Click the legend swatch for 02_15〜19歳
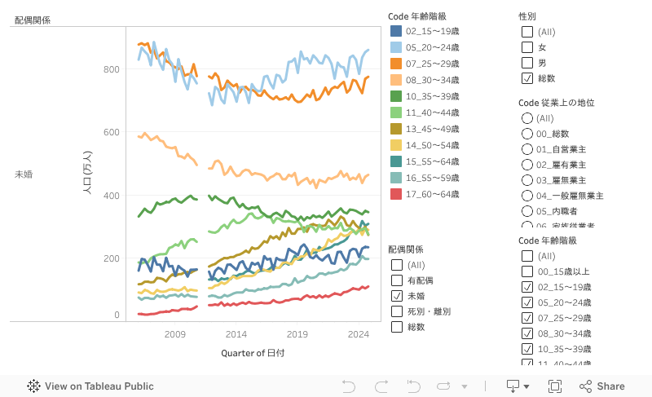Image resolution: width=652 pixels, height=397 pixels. [396, 31]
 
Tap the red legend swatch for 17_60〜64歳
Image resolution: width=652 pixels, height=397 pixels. [396, 194]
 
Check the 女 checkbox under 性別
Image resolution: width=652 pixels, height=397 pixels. [527, 47]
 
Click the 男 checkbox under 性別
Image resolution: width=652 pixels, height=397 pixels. [527, 63]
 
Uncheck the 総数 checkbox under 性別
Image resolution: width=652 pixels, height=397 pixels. [527, 78]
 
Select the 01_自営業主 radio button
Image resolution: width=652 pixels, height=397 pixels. [527, 149]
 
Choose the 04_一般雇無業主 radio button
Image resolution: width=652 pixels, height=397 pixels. [527, 196]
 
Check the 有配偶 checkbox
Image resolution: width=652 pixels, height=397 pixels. [397, 280]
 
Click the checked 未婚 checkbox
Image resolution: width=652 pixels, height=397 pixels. [397, 296]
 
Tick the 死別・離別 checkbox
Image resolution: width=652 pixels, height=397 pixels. [397, 311]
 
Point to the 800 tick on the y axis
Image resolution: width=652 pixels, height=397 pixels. [111, 69]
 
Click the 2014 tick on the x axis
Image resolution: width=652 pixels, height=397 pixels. [236, 334]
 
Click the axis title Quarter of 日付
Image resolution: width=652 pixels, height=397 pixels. [253, 353]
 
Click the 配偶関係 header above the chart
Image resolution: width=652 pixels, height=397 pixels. [33, 20]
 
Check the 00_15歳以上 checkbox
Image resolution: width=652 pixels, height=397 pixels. [527, 271]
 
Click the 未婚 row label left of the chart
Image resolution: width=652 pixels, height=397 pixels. [24, 174]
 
